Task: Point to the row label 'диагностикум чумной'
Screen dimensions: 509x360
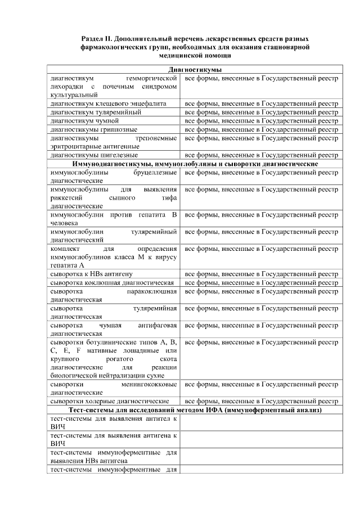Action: coord(84,121)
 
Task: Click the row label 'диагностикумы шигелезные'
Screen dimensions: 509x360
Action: coord(94,155)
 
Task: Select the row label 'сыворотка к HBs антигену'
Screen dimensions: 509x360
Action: coord(91,274)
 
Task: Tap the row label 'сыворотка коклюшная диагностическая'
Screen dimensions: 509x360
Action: coord(112,282)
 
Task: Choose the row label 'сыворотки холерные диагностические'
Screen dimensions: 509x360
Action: coord(110,402)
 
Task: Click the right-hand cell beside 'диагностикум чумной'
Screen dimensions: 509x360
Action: coord(262,121)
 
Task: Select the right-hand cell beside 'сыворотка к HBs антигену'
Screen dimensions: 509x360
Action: coord(262,274)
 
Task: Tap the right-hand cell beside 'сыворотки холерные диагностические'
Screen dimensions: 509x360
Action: coord(262,402)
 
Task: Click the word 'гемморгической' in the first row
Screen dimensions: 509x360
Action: coord(152,79)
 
